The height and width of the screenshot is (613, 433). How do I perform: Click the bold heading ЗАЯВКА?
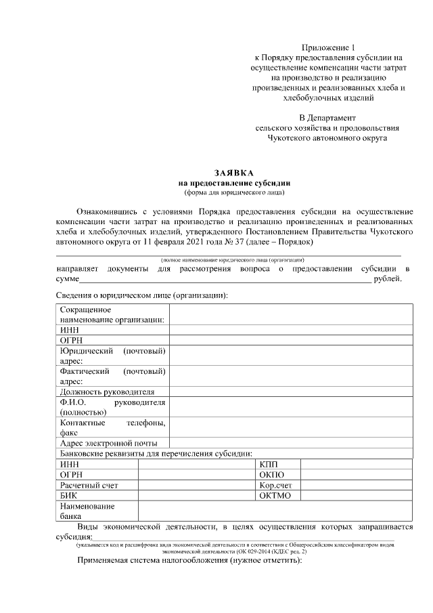pos(234,173)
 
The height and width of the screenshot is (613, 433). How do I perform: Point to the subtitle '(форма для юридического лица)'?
pos(234,192)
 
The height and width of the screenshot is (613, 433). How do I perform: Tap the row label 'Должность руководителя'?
pos(108,392)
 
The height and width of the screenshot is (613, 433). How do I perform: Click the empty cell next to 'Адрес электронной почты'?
pos(291,443)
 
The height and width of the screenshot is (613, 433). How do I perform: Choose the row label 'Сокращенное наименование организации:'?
pos(112,315)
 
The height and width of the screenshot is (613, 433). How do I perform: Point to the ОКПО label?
pos(272,474)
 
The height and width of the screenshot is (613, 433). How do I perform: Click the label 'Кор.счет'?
pos(276,485)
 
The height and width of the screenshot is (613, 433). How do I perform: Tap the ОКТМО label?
pos(275,495)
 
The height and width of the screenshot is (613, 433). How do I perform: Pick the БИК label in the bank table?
pos(68,495)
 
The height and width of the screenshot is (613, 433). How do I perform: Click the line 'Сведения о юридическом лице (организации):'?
pos(140,295)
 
